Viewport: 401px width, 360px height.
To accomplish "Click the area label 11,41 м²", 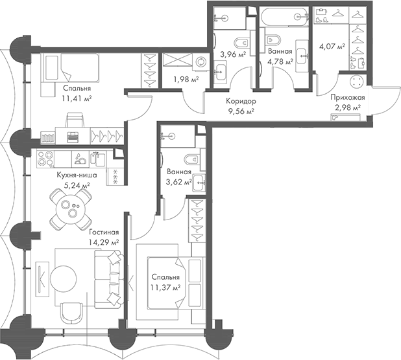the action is (77, 98).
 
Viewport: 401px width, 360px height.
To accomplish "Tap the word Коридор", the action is (241, 101).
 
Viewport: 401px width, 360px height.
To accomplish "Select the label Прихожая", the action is (348, 97).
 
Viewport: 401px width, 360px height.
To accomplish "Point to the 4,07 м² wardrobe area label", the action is (332, 47).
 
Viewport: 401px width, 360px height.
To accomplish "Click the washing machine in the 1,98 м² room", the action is (200, 62).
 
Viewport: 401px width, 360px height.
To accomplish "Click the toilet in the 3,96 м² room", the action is (242, 43).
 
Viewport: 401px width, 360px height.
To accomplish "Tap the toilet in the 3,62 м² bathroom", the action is (192, 160).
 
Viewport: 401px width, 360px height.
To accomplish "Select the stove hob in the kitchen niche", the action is (45, 159).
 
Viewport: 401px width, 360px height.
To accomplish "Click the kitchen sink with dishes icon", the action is (80, 159).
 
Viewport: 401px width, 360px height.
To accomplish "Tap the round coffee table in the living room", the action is (64, 279).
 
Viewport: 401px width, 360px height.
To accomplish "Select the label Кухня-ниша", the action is (77, 175).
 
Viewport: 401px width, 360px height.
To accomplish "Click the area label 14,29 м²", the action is (104, 242).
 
